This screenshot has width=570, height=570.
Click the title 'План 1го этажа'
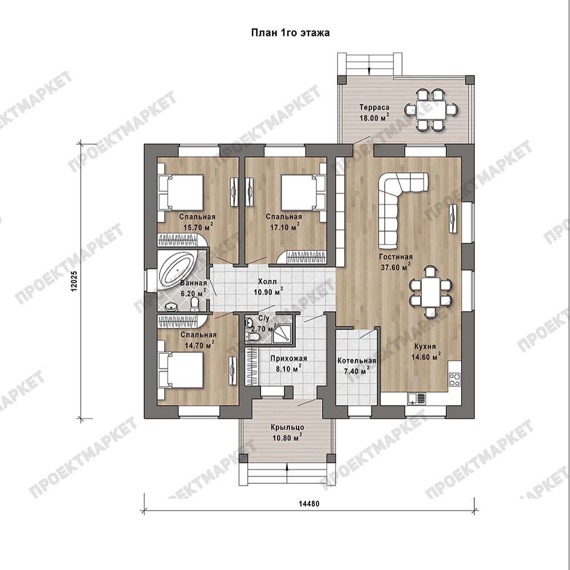point(291,32)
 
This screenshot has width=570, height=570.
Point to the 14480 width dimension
point(309,504)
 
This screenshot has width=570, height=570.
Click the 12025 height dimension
point(74,281)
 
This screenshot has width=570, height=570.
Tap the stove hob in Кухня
point(454,380)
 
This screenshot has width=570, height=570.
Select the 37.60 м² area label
point(396,267)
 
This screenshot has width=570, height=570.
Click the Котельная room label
point(356,361)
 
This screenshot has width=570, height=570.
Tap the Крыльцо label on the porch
point(287,427)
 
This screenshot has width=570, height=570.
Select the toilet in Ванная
point(195,304)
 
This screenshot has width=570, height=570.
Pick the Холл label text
point(267,282)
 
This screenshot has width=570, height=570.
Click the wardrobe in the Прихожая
point(252,366)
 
